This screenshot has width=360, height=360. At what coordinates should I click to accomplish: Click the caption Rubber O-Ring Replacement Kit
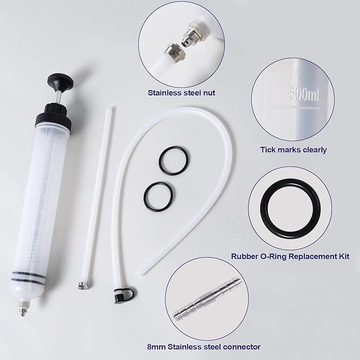point(291,257)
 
